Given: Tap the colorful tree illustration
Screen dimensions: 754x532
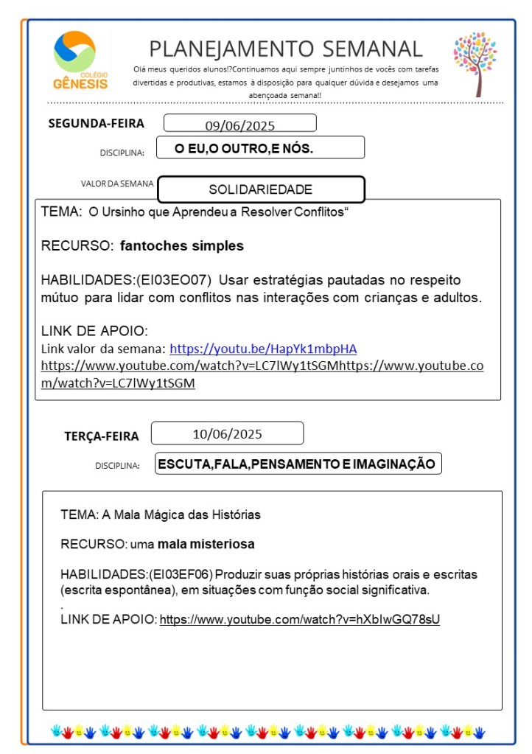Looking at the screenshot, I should (475, 62).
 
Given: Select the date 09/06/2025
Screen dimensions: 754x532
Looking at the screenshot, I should (239, 126).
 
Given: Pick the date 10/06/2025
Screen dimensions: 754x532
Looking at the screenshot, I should (227, 433).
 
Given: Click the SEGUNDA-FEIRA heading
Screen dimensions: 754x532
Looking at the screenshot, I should (97, 123).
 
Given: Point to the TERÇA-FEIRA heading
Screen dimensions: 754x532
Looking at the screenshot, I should (101, 436).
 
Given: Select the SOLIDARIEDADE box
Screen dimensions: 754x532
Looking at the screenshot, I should (261, 189).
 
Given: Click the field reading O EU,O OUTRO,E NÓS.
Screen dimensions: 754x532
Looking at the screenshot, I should (244, 149).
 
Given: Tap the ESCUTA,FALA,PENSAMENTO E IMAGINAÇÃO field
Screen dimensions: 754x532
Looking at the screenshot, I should (298, 464).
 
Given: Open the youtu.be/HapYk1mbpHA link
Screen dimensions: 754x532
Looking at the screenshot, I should (263, 348).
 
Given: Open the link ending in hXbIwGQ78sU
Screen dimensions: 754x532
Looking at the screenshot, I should (299, 619).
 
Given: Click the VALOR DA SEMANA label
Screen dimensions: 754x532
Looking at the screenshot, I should (117, 184).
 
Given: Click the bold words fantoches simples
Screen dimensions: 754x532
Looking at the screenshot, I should (181, 245).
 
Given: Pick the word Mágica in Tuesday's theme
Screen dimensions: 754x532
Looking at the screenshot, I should (155, 514).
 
